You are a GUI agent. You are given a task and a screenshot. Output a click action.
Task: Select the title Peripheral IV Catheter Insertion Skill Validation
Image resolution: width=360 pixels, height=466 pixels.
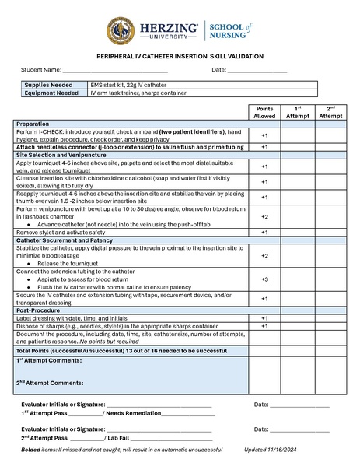point(180,57)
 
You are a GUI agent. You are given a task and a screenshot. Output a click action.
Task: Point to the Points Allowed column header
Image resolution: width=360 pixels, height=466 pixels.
point(264,112)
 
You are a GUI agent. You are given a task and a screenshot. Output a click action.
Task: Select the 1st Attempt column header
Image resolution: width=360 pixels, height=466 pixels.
point(297,112)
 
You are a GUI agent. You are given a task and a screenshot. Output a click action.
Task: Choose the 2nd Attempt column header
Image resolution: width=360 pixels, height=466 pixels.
point(330,112)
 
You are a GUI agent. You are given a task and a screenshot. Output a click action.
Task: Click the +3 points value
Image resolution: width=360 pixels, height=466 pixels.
point(264,279)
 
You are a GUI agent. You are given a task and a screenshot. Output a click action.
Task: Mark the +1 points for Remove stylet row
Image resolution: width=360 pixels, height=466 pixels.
point(264,232)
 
